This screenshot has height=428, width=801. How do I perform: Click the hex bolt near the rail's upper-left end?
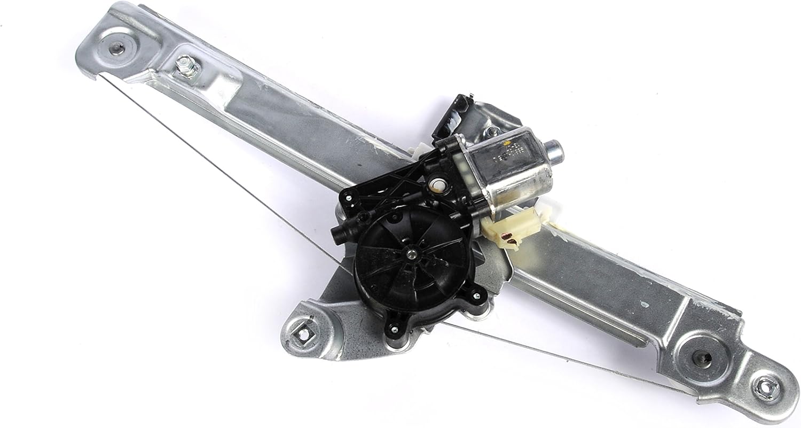(x=187, y=67)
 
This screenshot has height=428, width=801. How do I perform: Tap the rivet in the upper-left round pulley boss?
(x=116, y=48)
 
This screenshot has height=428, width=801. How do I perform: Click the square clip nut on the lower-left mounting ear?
(x=303, y=334)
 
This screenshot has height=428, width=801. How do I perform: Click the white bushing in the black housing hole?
(x=437, y=185)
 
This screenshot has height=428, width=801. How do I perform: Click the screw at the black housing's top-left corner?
(x=348, y=197)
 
